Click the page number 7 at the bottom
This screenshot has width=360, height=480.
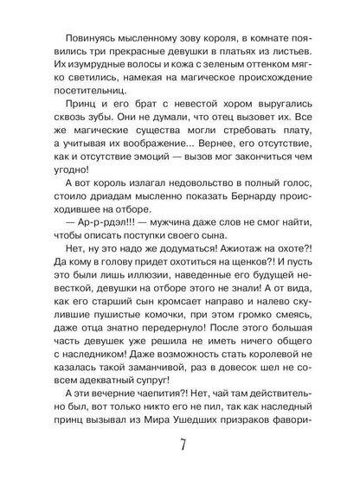(180, 448)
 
